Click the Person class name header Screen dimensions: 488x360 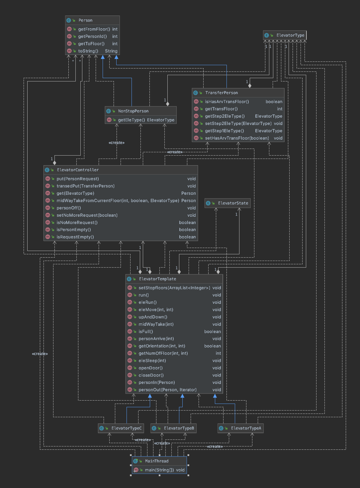tap(85, 20)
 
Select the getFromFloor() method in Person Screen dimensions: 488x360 tap(94, 29)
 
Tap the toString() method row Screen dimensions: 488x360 tap(88, 51)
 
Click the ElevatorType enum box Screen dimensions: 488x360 tap(290, 35)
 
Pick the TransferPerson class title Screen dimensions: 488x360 tap(221, 93)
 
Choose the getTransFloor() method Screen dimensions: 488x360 tap(221, 109)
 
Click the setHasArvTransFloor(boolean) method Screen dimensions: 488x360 tap(237, 138)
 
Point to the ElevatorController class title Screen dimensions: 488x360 tap(78, 170)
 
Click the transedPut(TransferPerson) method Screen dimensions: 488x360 tap(85, 186)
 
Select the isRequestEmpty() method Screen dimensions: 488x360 tap(75, 237)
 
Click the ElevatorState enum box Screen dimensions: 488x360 tap(233, 203)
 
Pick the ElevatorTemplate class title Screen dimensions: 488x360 tap(157, 279)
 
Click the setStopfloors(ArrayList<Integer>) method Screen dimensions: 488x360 tap(174, 288)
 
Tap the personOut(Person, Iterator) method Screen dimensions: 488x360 tap(167, 390)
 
